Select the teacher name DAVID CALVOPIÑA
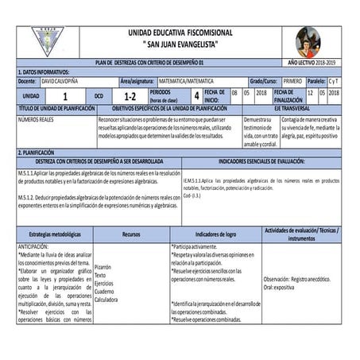pos(62,81)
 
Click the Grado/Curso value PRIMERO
pos(292,81)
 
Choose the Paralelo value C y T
pos(335,81)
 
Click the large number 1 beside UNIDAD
pos(64,95)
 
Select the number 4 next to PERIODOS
pos(196,95)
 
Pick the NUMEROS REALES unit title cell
pos(37,119)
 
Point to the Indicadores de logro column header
pos(215,234)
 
